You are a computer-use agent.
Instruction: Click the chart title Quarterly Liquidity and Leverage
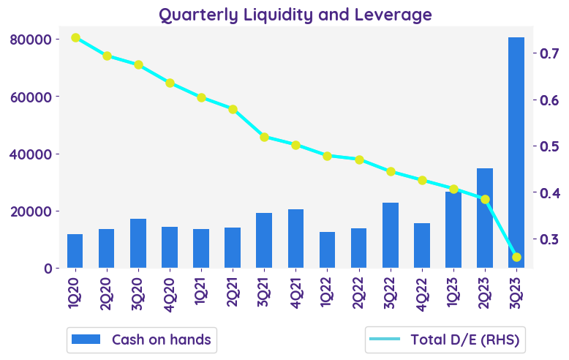point(295,15)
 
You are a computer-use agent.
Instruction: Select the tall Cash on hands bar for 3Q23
point(516,153)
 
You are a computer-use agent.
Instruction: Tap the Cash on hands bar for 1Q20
point(75,251)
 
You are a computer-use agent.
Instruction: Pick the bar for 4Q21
point(295,239)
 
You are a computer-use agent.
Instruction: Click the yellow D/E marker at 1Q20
point(75,37)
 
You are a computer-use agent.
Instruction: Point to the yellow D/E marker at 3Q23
point(516,257)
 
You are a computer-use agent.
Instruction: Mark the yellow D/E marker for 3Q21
point(264,137)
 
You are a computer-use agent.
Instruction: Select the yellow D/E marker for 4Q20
point(170,83)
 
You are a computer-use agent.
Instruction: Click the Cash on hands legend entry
point(142,340)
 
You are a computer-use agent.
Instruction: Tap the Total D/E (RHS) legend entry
point(446,340)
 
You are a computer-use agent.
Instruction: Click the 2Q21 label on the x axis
point(233,291)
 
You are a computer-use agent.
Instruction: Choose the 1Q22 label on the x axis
point(327,291)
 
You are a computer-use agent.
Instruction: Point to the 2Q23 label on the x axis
point(485,291)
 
